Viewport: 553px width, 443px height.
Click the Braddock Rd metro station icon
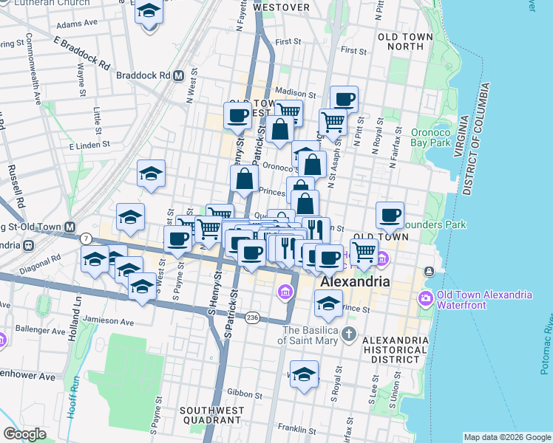point(179,75)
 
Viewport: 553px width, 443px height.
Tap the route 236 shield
point(253,316)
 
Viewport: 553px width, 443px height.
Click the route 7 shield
point(86,238)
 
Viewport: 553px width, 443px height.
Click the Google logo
point(24,434)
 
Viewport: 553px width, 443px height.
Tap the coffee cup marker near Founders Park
point(390,215)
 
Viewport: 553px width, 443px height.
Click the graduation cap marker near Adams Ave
point(149,13)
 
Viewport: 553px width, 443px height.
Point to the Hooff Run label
point(73,399)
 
